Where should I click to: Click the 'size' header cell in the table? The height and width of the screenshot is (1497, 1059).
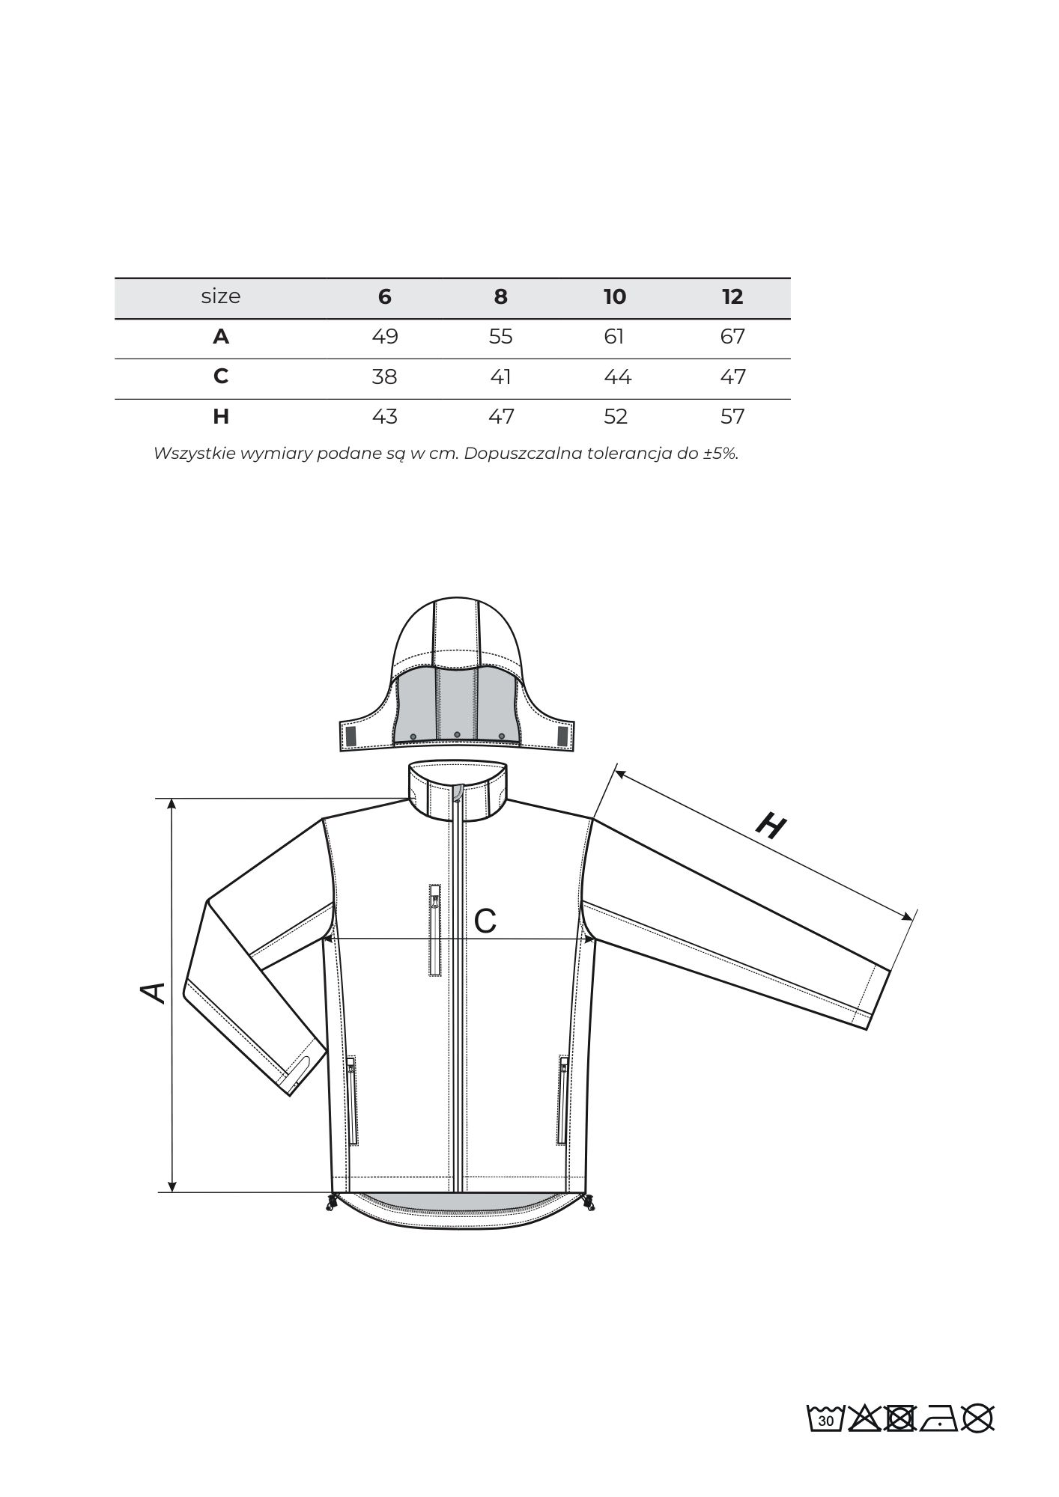coord(220,296)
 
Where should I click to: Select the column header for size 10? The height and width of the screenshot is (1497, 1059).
coord(614,296)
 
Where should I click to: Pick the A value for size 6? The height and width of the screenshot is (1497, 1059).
coord(384,336)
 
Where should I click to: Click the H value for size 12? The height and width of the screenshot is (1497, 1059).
coord(732,416)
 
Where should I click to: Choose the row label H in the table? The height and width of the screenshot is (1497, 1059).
coord(220,416)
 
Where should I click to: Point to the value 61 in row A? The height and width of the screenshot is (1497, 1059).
coord(613,336)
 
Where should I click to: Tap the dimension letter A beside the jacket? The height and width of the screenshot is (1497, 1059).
coord(154,993)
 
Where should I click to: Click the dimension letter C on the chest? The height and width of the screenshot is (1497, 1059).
coord(485,921)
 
